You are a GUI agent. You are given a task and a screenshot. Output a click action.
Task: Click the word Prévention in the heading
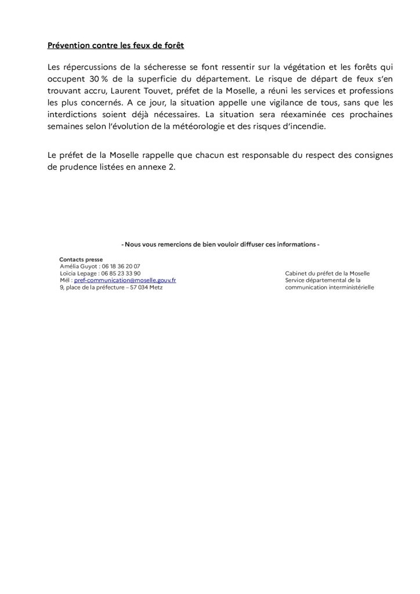pos(69,45)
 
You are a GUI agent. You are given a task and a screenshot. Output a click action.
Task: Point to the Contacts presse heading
pos(81,259)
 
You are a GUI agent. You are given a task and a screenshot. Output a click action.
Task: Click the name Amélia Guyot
pos(78,266)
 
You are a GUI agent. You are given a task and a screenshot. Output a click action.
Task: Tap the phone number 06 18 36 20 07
pos(121,266)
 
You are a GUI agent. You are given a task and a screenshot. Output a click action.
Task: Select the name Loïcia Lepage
pos(78,273)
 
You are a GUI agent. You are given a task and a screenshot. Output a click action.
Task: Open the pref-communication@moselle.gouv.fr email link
pos(125,280)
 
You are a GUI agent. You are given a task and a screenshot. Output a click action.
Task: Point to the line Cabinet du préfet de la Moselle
pos(327,273)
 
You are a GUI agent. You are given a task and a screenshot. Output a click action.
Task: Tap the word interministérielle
pos(350,287)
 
